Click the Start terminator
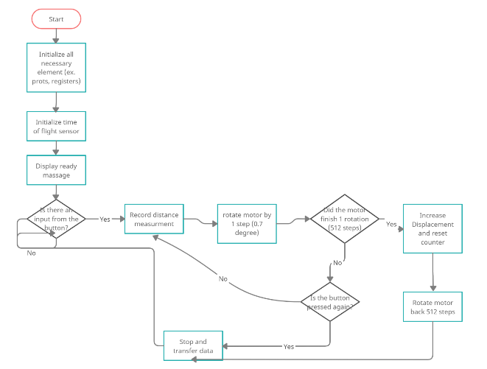pos(56,19)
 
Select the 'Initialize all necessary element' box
pos(56,66)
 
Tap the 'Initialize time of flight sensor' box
pos(56,126)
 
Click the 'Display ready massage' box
pos(56,171)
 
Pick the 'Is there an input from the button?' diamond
pos(56,219)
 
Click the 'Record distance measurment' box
pos(153,219)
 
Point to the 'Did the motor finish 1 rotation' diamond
pos(344,219)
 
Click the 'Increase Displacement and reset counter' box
pos(432,228)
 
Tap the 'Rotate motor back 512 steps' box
pos(432,307)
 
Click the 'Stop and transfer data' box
pos(192,345)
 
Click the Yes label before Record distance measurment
pos(105,219)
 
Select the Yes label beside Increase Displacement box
pos(390,224)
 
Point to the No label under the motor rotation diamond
pos(337,262)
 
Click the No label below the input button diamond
pos(31,253)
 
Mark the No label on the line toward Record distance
pos(223,278)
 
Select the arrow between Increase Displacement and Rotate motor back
pos(432,273)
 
